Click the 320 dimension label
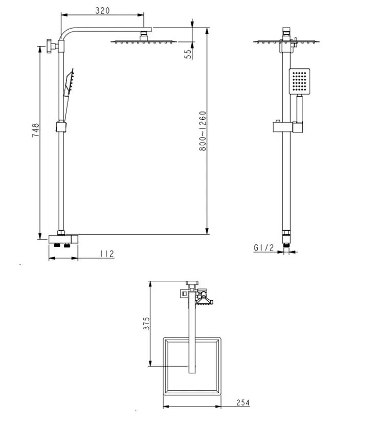(102, 11)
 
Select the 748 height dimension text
(35, 130)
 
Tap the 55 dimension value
(188, 54)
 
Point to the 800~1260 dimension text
(202, 131)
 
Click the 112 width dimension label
(107, 254)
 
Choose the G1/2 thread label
(263, 248)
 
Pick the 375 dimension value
(146, 323)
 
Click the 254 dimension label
(242, 403)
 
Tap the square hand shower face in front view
(299, 81)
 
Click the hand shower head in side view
(69, 82)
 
